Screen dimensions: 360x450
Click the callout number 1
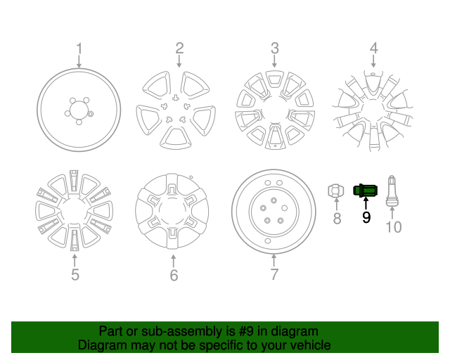(79, 49)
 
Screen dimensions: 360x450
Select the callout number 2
(179, 49)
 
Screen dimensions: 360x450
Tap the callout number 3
(275, 49)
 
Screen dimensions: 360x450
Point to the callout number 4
(373, 49)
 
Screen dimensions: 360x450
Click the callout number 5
(75, 274)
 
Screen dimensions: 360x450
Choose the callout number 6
(174, 275)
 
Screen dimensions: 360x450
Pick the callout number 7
(274, 274)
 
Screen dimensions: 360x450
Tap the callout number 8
(337, 219)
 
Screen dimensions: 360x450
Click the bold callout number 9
(366, 218)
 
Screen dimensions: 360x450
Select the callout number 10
(394, 226)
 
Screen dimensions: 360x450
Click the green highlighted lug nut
(366, 190)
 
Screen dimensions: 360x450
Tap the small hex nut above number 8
(337, 190)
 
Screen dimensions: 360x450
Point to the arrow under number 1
(79, 62)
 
